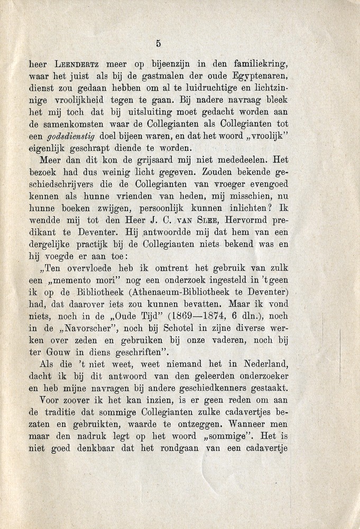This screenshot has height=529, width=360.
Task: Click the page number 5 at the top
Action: click(x=159, y=44)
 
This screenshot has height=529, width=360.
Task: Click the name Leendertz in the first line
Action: click(x=78, y=65)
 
